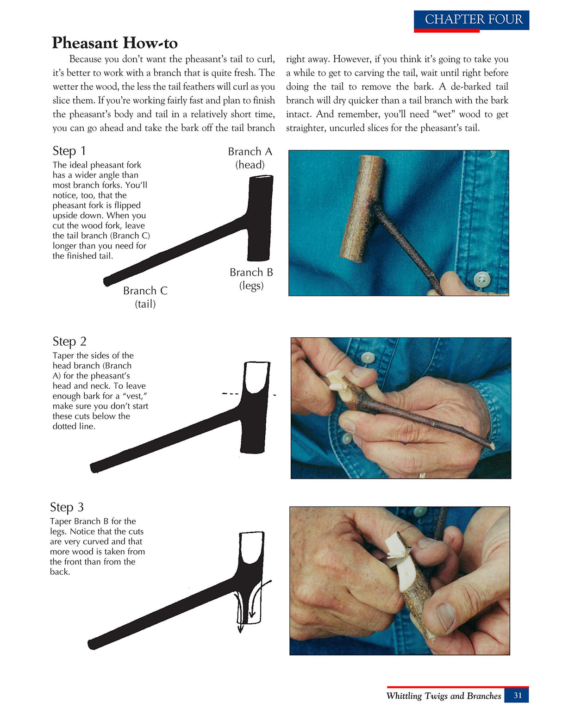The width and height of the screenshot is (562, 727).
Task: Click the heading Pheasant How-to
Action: pos(114,43)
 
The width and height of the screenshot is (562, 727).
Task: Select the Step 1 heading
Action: pos(69,151)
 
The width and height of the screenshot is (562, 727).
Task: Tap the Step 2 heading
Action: pos(69,342)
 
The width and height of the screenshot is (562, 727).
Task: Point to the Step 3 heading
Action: pos(67,507)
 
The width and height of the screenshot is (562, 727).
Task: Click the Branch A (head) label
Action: pos(250,158)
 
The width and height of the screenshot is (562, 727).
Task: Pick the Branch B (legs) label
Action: pos(251,279)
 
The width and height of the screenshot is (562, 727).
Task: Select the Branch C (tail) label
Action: pos(145,297)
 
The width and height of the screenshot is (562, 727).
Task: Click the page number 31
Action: pos(517,695)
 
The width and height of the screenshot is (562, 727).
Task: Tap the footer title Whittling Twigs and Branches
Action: pos(443,696)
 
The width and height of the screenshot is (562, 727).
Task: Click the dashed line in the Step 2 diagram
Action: pos(231,394)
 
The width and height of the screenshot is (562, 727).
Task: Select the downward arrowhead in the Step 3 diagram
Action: pos(240,629)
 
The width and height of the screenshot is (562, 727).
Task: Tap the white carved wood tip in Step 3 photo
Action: pos(396,549)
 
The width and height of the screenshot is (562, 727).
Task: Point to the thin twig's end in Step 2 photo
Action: pos(492,447)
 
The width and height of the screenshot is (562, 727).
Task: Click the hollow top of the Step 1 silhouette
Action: pos(262,178)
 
